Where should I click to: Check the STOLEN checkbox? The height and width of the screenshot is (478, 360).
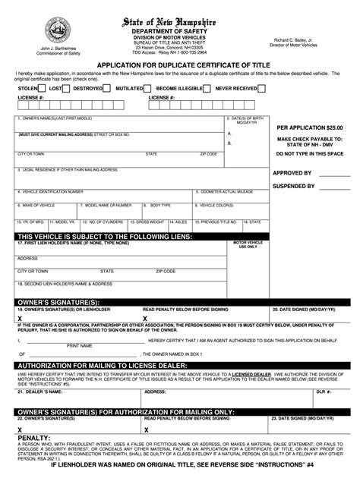tap(43, 88)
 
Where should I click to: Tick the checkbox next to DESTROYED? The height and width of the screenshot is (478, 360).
tap(108, 88)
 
